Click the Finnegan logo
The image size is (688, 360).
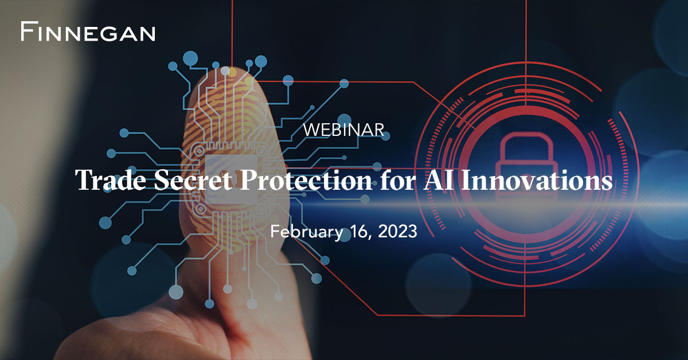tap(88, 32)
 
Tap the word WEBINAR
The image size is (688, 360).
tap(343, 130)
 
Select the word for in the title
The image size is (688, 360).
tap(394, 181)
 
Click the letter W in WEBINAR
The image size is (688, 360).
tap(310, 130)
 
